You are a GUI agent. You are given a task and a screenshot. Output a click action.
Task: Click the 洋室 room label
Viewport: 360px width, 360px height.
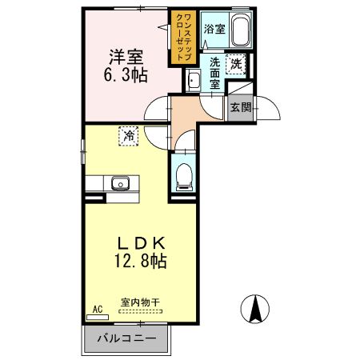click(x=126, y=58)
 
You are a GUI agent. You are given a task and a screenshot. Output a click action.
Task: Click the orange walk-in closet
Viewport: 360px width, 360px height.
click(x=178, y=38)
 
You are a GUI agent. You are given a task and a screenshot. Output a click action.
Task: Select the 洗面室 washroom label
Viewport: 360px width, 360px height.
click(x=215, y=72)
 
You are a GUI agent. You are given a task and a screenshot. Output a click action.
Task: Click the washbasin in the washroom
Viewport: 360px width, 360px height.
click(x=193, y=81)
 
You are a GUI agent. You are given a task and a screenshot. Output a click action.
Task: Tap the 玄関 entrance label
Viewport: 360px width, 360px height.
click(x=240, y=106)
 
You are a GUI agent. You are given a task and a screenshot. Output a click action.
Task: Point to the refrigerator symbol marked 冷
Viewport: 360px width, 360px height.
click(x=128, y=136)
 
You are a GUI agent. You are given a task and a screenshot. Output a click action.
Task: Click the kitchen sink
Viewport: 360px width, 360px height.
click(x=121, y=183)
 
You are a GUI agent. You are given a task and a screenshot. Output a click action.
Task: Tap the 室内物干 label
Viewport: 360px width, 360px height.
click(x=141, y=303)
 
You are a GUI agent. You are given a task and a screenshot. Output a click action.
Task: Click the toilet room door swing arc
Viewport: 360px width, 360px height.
click(x=182, y=144)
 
